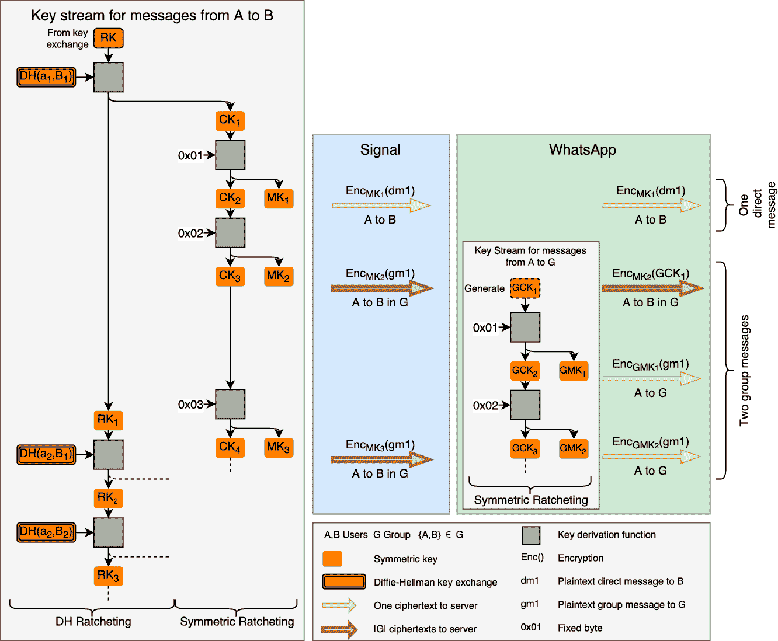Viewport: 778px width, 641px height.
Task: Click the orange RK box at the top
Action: tap(108, 39)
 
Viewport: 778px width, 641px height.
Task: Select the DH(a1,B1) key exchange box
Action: tap(47, 76)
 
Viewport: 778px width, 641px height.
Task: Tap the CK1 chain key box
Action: tap(230, 121)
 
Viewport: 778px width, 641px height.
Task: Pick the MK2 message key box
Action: tap(279, 276)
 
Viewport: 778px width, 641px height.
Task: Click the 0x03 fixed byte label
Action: tap(190, 405)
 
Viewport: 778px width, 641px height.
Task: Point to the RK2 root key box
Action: tap(108, 498)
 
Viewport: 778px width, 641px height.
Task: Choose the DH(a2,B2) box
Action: tap(47, 532)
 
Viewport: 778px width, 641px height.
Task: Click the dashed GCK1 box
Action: tap(525, 288)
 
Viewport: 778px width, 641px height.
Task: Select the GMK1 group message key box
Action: tap(573, 371)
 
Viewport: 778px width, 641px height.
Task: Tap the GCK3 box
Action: tap(525, 448)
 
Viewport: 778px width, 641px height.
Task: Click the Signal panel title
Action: tap(380, 150)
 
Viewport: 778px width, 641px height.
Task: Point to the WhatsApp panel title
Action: tap(582, 150)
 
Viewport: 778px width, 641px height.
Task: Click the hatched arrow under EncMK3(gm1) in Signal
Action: tap(382, 460)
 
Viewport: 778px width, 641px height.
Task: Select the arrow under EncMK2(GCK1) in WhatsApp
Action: tap(652, 288)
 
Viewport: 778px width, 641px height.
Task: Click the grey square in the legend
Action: tap(530, 535)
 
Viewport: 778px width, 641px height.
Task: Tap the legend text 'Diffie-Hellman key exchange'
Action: tap(435, 582)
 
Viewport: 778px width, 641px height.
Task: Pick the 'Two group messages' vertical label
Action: tap(744, 371)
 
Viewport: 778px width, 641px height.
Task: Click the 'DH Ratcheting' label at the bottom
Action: tap(93, 622)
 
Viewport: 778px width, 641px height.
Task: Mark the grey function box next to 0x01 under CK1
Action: tap(230, 155)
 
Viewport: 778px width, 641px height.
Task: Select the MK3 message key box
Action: tap(279, 448)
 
